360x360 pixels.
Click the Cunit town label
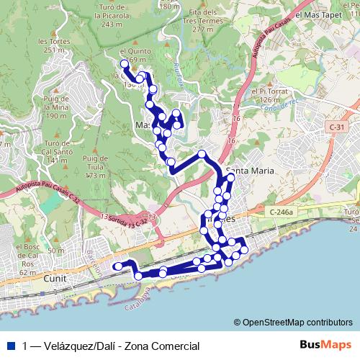pos(55,277)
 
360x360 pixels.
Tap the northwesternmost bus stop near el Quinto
pos(125,64)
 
